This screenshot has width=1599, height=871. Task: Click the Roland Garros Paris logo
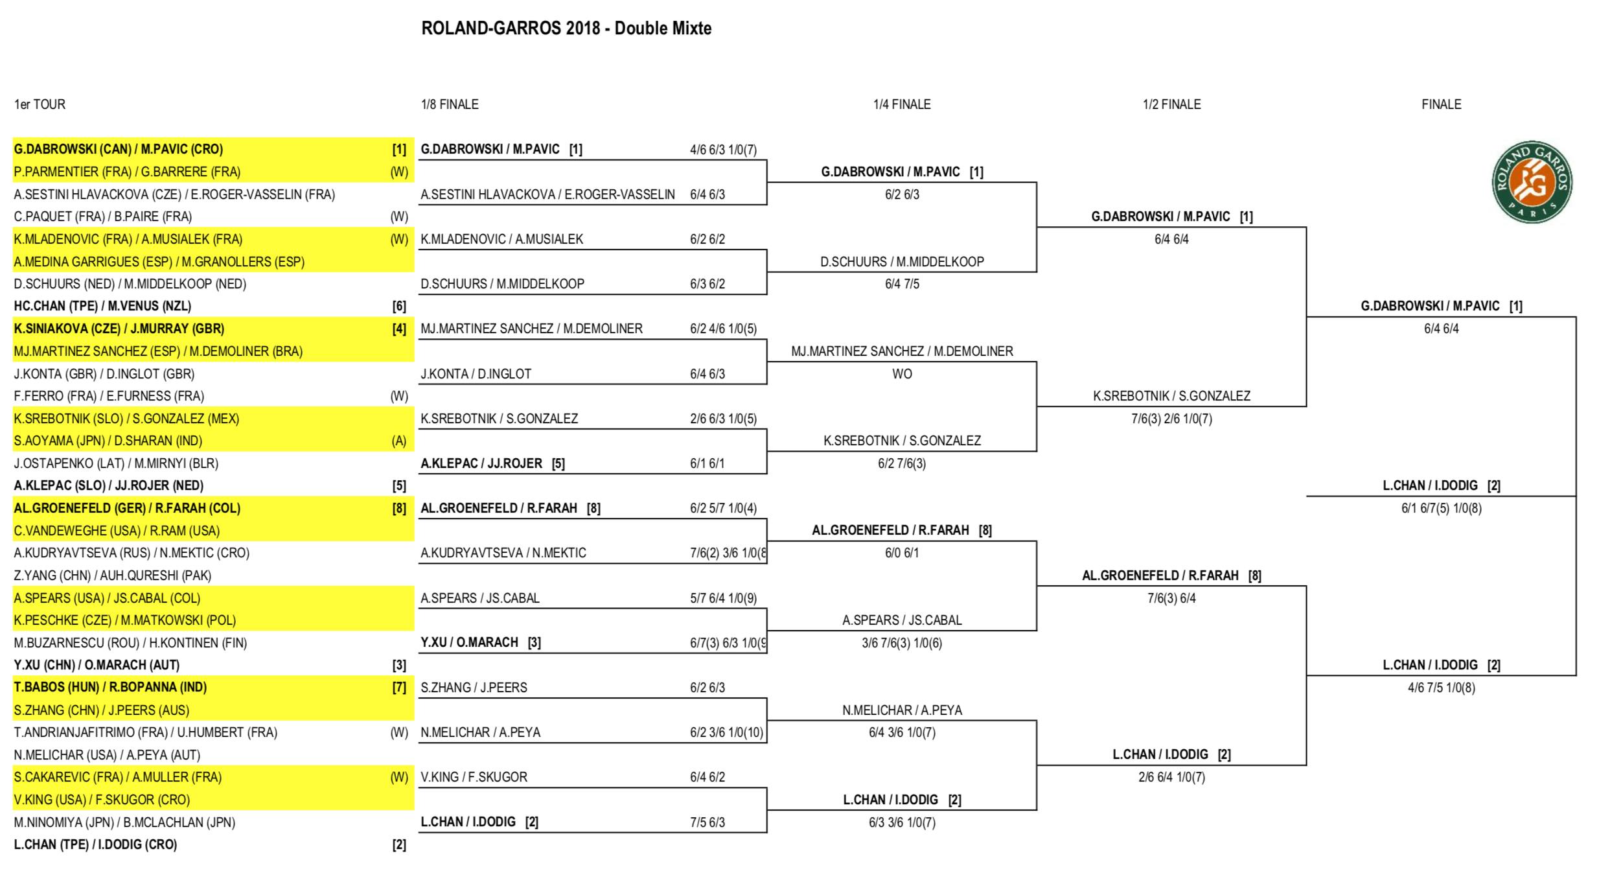(1532, 182)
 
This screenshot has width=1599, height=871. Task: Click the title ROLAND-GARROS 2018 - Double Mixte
(566, 29)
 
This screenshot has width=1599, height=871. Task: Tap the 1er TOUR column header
(40, 104)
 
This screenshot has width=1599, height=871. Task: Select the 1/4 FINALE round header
(902, 104)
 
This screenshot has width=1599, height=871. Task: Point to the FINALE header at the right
(1442, 104)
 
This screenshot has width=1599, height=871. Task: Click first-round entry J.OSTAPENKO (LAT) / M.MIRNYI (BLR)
(116, 463)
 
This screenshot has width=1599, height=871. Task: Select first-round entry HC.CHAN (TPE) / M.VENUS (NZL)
(102, 306)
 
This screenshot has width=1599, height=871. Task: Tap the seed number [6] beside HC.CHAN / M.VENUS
(399, 307)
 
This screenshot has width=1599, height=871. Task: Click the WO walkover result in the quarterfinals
(902, 374)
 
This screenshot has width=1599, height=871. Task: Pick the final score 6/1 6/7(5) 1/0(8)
(1442, 508)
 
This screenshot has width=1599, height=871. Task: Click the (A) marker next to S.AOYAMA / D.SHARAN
(399, 441)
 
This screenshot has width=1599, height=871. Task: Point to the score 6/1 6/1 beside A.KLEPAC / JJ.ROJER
(707, 463)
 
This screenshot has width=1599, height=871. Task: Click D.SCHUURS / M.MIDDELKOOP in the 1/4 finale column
(902, 262)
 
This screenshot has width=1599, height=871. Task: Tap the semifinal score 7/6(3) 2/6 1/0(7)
(1171, 419)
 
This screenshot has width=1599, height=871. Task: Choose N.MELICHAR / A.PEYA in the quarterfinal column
(902, 710)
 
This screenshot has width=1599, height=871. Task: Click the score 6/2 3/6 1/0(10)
(727, 732)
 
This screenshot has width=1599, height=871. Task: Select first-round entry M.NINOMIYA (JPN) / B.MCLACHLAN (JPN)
(124, 822)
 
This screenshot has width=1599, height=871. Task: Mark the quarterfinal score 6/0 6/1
(902, 553)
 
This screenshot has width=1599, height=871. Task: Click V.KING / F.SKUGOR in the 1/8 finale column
(474, 777)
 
